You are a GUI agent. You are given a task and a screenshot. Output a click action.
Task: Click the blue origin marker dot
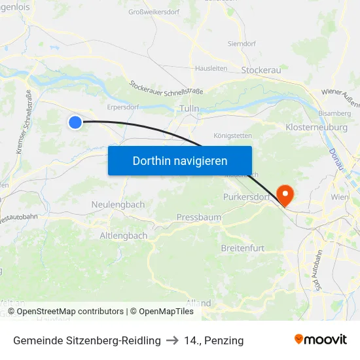[x=75, y=122]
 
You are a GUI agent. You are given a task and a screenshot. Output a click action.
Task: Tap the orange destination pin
[x=285, y=194]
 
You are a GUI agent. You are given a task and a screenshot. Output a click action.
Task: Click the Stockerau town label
[x=261, y=70]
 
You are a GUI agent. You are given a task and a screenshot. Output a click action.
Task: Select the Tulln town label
[x=189, y=109]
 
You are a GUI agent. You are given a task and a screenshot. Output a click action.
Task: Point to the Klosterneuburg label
[x=317, y=127]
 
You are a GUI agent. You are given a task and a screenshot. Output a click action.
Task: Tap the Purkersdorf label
[x=246, y=197]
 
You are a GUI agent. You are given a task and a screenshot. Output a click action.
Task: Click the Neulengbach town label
[x=118, y=205]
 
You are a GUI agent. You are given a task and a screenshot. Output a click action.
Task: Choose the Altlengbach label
[x=124, y=236]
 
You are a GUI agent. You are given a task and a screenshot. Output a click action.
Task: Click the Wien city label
[x=340, y=197]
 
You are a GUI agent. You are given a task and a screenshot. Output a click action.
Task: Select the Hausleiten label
[x=211, y=68]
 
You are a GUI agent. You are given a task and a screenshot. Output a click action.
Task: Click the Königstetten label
[x=232, y=136]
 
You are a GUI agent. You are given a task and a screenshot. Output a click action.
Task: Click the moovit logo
[x=321, y=340]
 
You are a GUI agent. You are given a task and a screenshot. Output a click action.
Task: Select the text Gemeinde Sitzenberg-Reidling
[x=87, y=340]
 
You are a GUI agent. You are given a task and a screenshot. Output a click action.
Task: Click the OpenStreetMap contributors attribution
[x=70, y=312]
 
